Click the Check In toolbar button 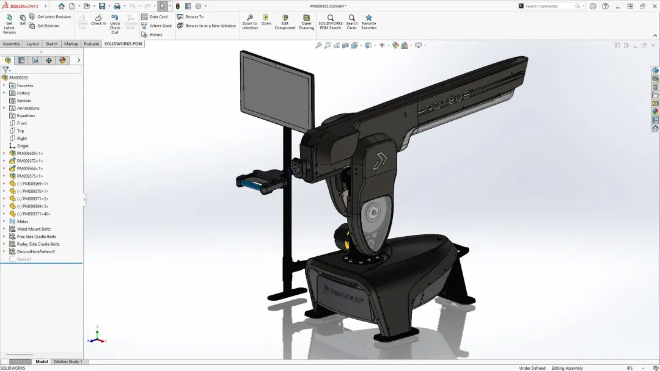click(x=98, y=20)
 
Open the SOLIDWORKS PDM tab click(x=123, y=44)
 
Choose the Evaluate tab click(x=92, y=44)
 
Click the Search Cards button click(x=352, y=22)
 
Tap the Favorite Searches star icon click(x=369, y=18)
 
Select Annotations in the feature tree click(x=28, y=108)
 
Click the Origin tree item click(x=23, y=146)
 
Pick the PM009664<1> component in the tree click(x=29, y=168)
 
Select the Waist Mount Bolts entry click(x=34, y=229)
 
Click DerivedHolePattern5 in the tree click(x=35, y=251)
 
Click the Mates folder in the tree click(x=23, y=222)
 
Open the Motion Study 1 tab click(x=68, y=362)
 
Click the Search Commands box click(x=549, y=6)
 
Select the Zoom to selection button click(x=249, y=22)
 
